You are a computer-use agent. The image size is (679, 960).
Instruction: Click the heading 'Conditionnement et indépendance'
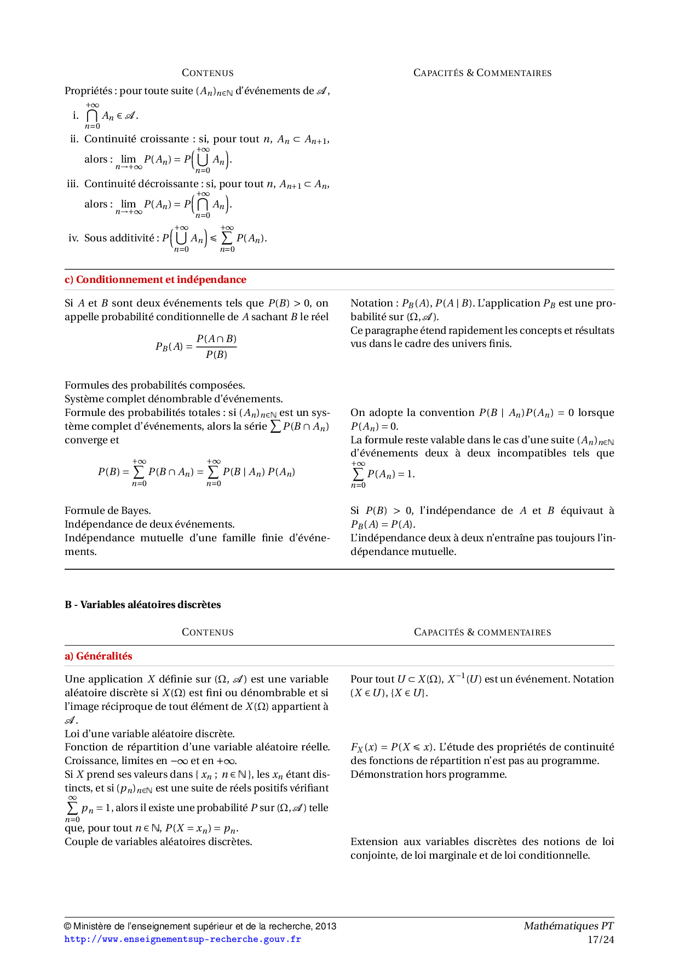coord(160,280)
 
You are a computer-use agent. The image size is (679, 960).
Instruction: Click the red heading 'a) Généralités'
coord(99,656)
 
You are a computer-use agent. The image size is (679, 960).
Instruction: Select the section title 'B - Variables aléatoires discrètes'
coord(142,605)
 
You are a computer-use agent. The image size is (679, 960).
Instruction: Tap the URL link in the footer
coord(182,939)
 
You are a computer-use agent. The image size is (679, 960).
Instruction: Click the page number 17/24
coord(601,940)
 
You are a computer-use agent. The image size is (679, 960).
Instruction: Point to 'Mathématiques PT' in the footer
coord(568,926)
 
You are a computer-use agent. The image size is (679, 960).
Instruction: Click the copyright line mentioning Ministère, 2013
coord(200,926)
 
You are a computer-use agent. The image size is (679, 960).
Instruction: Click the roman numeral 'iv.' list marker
coord(73,238)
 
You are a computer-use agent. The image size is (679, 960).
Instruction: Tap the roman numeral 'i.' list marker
coord(76,115)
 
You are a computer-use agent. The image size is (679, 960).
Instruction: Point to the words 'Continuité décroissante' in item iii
coord(141,184)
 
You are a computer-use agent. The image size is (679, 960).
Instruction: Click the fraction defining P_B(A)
coord(216,346)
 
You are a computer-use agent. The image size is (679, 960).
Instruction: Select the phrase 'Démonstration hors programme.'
coord(428,774)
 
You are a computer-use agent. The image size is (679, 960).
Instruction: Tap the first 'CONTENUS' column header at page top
coord(208,73)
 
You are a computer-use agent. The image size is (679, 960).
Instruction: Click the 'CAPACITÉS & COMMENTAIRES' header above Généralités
coord(482,632)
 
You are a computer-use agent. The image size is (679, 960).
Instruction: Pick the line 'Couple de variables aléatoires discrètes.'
coord(158,842)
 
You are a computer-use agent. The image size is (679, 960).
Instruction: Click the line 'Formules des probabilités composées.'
coord(154,385)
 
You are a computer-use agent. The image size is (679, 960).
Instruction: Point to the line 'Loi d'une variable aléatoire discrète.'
coord(149,734)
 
